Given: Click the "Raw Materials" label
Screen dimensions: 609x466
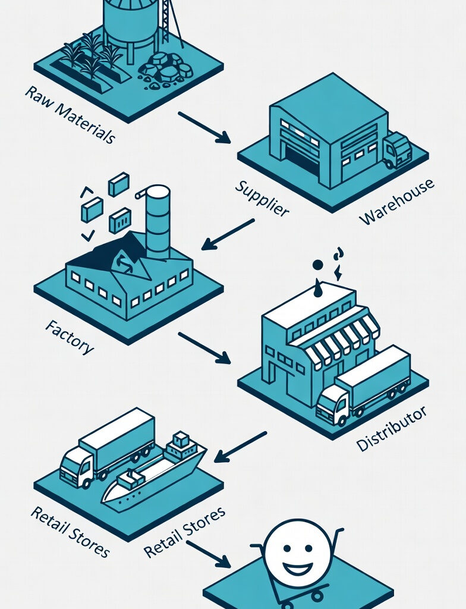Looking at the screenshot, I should [x=70, y=115].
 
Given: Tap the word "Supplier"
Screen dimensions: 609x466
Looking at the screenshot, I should [x=262, y=197].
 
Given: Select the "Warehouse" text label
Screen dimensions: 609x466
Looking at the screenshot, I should [x=396, y=202].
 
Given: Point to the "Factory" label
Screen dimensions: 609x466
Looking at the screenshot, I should [x=69, y=337].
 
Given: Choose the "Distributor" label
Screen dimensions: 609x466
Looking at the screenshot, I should [x=391, y=428].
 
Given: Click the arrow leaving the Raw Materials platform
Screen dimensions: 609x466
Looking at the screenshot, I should [x=204, y=127].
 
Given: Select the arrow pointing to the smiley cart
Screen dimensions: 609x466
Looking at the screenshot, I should [x=207, y=554].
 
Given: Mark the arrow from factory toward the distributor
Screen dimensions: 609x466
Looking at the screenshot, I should [x=204, y=347].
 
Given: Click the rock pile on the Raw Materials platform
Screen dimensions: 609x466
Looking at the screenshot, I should [x=166, y=70].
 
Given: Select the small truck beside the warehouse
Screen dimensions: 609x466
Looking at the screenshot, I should [x=397, y=149].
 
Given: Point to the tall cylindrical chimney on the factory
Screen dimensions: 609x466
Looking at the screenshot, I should [x=158, y=222].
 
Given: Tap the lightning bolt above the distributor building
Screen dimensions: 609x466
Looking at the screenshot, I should [x=338, y=272].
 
